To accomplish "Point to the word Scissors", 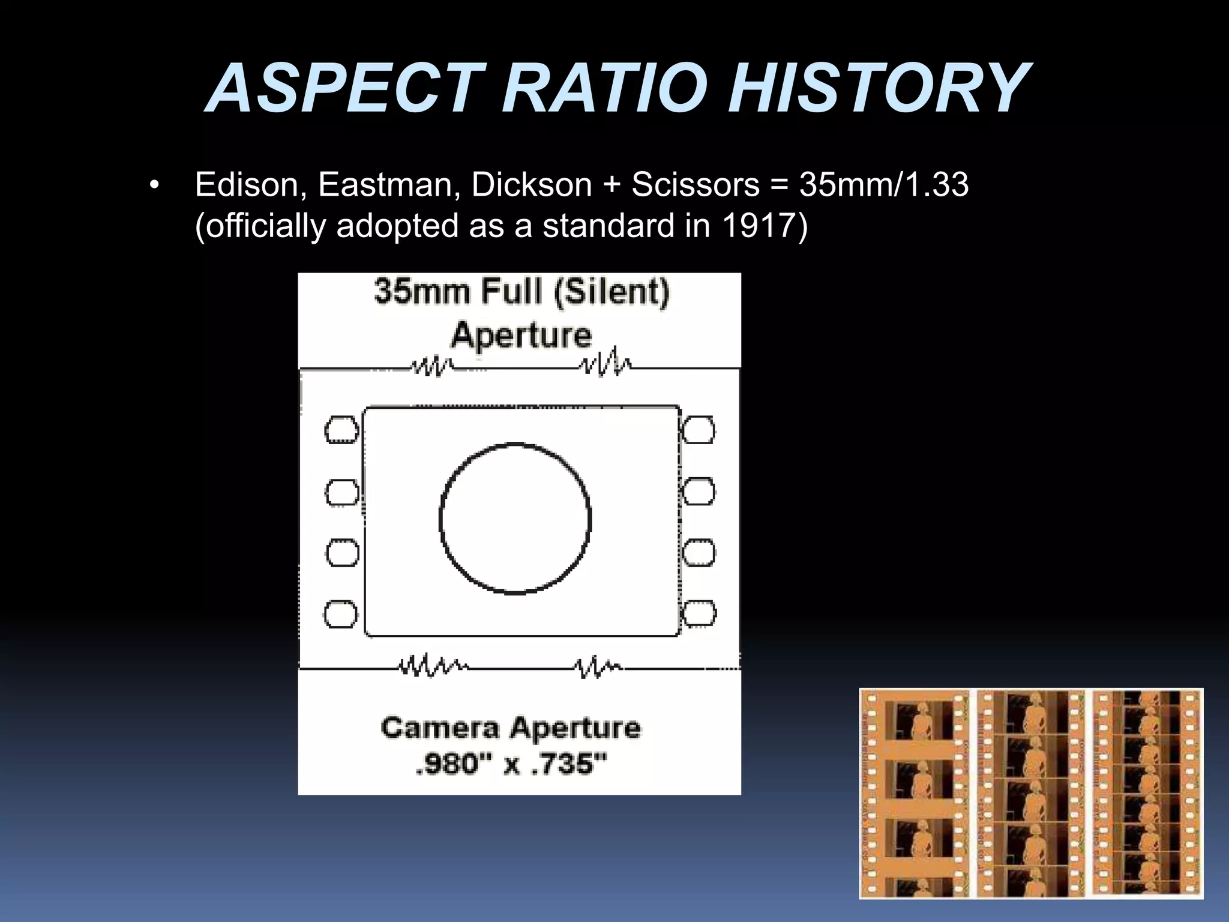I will pyautogui.click(x=695, y=184).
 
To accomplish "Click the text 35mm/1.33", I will pyautogui.click(x=883, y=184).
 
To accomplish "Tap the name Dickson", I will pyautogui.click(x=531, y=184).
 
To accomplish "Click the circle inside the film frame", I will pyautogui.click(x=515, y=519).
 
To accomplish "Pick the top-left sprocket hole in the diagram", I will pyautogui.click(x=341, y=430).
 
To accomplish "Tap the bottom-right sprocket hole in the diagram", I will pyautogui.click(x=699, y=613).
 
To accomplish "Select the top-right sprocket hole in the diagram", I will pyautogui.click(x=699, y=430).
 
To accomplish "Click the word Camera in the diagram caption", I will pyautogui.click(x=440, y=728).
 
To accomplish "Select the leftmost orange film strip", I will pyautogui.click(x=915, y=793).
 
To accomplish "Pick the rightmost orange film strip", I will pyautogui.click(x=1146, y=793).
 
